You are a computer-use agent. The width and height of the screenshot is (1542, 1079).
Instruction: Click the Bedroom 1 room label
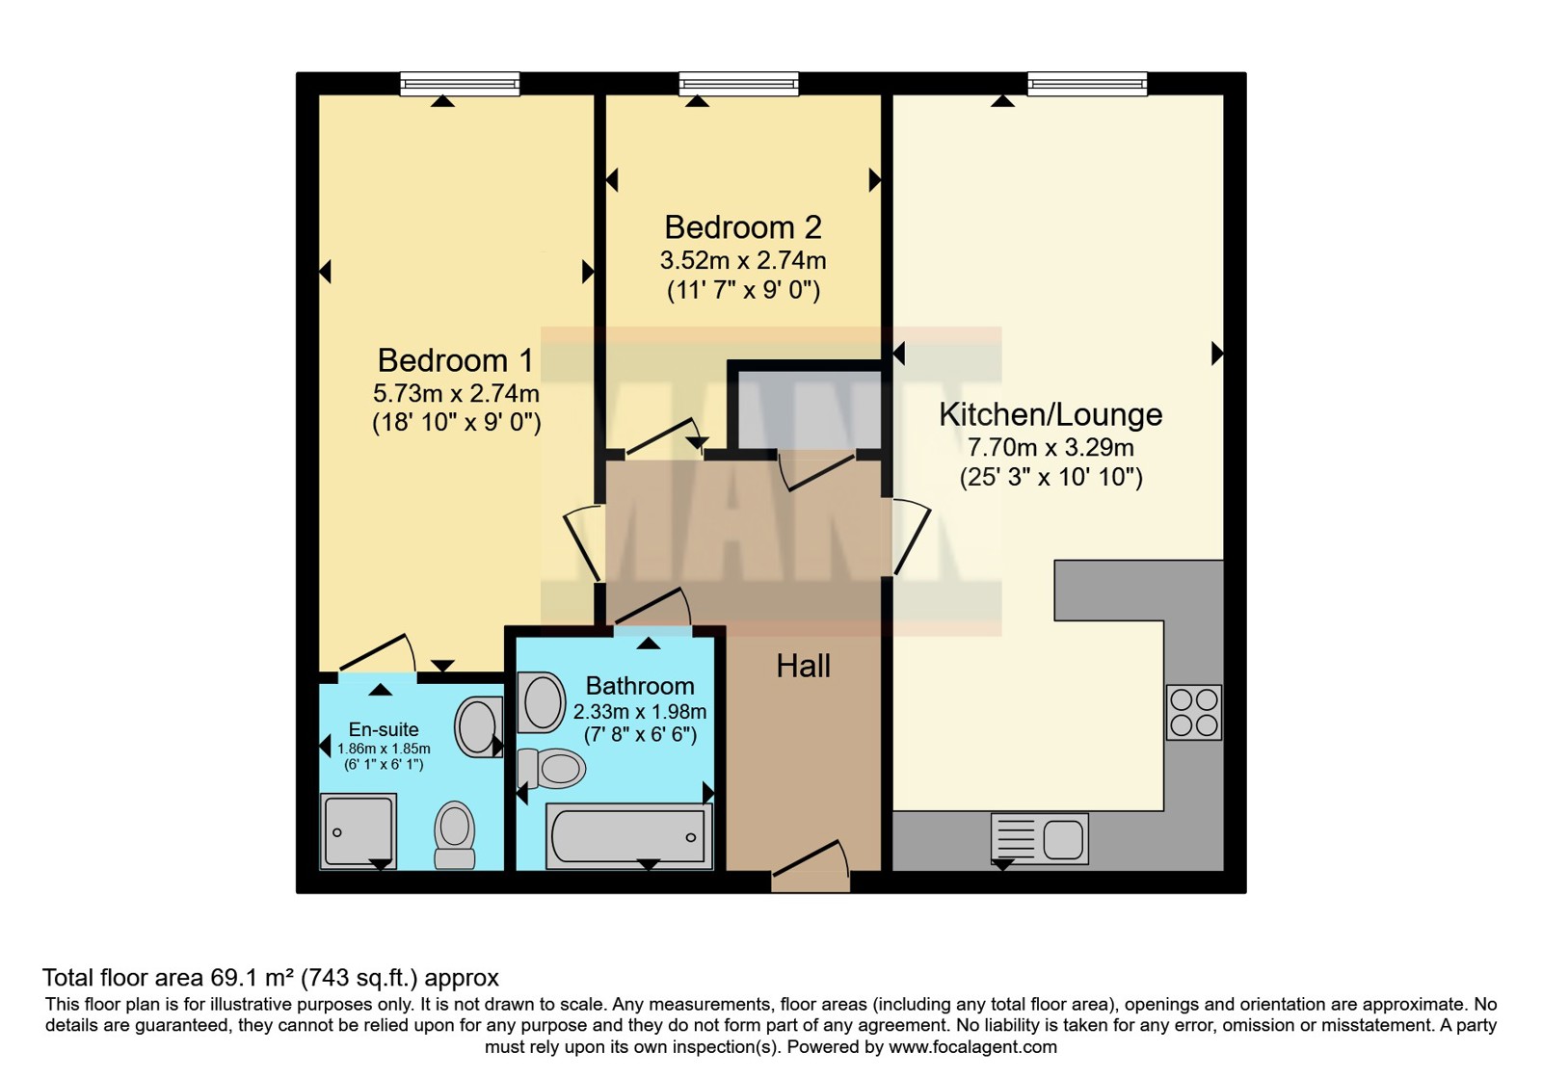(x=455, y=360)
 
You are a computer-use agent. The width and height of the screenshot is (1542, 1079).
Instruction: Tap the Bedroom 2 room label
(x=743, y=227)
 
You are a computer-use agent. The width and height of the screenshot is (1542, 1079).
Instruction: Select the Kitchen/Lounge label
(x=1050, y=414)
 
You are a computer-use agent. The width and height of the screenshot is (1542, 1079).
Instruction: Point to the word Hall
(x=804, y=666)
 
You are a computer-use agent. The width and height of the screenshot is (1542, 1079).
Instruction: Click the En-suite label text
(x=384, y=729)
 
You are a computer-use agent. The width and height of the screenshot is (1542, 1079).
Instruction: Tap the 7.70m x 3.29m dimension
(x=1050, y=448)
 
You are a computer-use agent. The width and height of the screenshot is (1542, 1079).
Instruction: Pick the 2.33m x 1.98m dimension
(x=640, y=712)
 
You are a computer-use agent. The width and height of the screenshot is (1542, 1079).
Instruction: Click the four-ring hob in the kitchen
(x=1194, y=712)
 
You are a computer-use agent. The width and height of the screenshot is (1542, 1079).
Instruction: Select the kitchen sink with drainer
(x=1040, y=838)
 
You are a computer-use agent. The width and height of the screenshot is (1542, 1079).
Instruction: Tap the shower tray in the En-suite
(x=358, y=830)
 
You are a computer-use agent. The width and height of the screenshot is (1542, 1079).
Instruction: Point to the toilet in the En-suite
(x=454, y=834)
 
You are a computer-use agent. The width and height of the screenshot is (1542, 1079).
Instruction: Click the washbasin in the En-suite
(x=478, y=726)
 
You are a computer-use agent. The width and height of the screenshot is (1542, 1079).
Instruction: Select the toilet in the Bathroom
(x=551, y=768)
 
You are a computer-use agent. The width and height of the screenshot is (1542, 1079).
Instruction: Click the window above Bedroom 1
(x=460, y=84)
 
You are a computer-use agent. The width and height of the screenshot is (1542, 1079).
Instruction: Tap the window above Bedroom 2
(x=738, y=84)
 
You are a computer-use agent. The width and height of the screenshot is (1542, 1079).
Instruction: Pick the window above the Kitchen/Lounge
(x=1088, y=84)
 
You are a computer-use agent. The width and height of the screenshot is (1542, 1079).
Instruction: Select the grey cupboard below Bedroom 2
(x=810, y=409)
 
